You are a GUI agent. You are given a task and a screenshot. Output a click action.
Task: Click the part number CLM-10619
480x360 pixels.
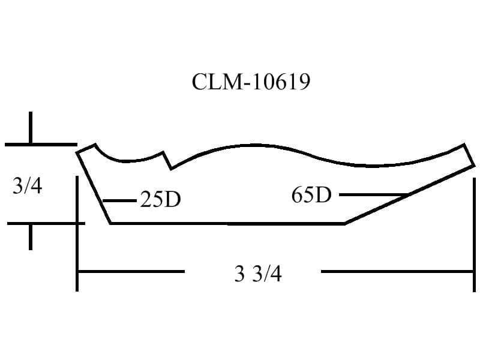click(x=251, y=82)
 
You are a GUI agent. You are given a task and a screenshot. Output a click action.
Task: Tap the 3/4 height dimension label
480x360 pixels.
click(x=27, y=186)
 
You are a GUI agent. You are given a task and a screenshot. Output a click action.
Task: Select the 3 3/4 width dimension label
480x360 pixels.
click(x=258, y=274)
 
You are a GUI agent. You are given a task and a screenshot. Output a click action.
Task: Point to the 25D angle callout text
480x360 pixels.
click(x=160, y=199)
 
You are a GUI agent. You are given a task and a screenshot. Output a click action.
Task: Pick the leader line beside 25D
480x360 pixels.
click(x=119, y=201)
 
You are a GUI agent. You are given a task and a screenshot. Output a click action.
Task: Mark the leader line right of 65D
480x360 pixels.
click(x=373, y=194)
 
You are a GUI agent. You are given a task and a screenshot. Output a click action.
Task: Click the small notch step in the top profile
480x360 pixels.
click(x=167, y=160)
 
